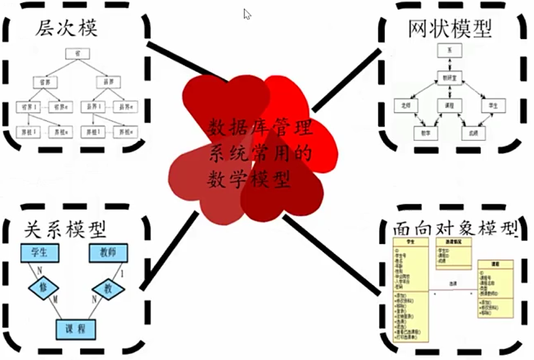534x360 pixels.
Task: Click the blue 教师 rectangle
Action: (108, 253)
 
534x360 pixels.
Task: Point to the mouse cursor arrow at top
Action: (247, 14)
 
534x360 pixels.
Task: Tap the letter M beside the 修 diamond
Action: (55, 299)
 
